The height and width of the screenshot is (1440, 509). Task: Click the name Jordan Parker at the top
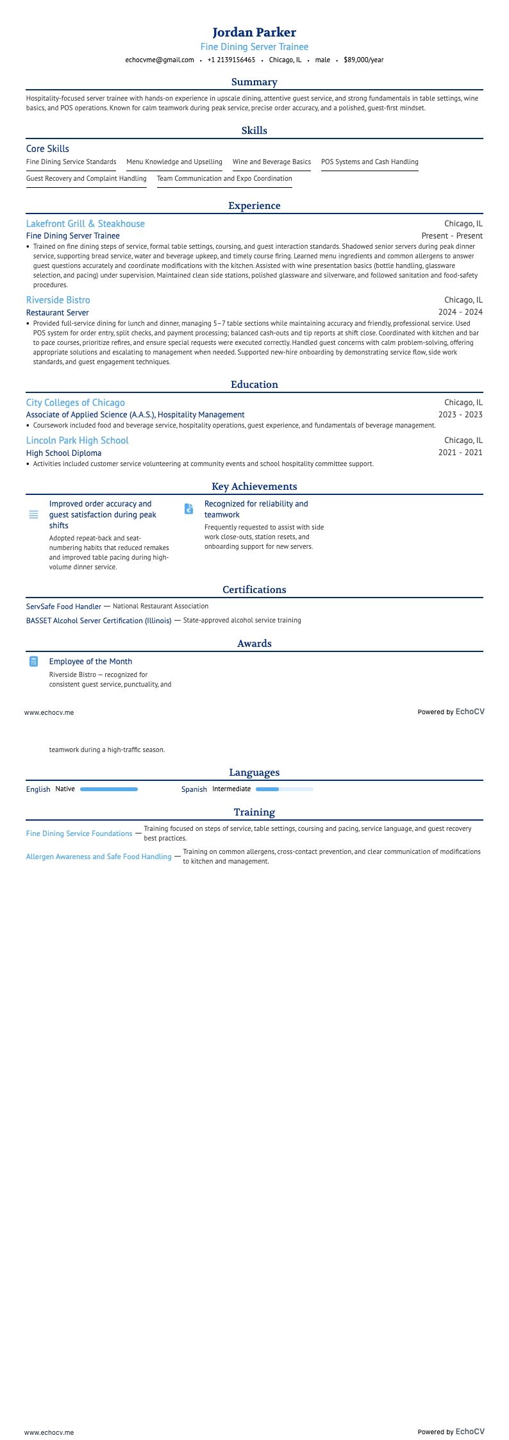click(254, 32)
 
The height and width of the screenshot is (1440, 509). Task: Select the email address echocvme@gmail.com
click(160, 60)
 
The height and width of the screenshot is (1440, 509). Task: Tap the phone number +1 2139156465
click(231, 60)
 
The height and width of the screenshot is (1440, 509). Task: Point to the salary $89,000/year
click(363, 60)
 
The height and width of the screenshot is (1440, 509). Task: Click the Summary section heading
click(254, 82)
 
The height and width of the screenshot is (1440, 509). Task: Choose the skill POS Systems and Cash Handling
click(369, 162)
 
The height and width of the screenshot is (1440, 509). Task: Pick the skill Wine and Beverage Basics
click(271, 162)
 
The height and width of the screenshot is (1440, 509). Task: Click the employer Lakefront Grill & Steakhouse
click(85, 224)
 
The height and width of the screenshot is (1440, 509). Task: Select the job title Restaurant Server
click(57, 312)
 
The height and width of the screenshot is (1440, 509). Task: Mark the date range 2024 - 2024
click(460, 312)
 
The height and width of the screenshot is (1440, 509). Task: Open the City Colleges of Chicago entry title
click(75, 403)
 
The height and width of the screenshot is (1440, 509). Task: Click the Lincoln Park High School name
click(77, 440)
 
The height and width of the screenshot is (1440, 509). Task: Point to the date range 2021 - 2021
click(460, 453)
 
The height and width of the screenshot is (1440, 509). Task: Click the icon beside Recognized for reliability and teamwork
click(188, 509)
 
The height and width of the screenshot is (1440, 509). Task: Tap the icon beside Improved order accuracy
click(33, 515)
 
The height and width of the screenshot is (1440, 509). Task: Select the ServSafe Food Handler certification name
click(63, 606)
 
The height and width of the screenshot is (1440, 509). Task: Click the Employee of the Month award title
click(90, 662)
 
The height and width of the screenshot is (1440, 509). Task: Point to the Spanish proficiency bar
click(284, 789)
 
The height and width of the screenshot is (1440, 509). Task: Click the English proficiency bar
click(108, 789)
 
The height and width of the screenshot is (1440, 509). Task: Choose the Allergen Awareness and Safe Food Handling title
click(99, 857)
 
